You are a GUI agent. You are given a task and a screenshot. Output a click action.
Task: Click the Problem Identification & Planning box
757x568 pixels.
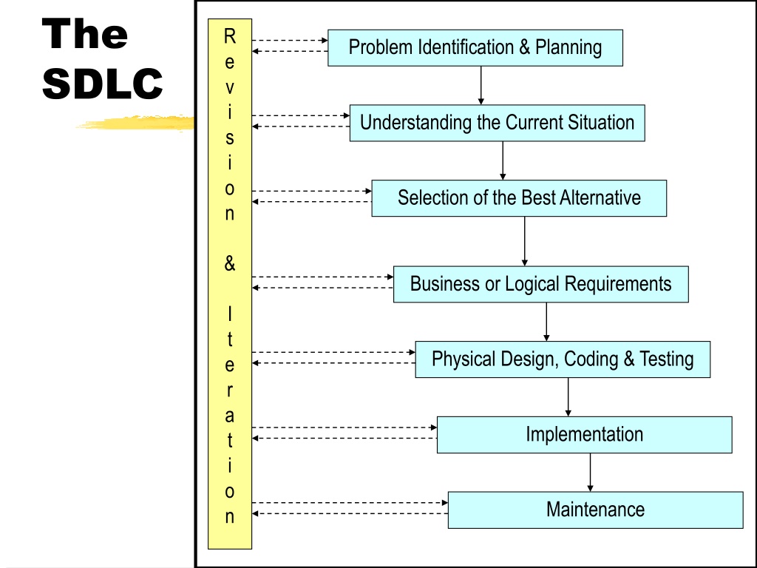475,48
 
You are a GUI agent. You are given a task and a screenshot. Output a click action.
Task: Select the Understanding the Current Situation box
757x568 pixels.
498,123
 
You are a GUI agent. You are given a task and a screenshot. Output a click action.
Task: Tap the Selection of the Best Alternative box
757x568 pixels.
519,198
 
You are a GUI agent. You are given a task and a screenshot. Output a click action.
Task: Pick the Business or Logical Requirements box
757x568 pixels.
540,284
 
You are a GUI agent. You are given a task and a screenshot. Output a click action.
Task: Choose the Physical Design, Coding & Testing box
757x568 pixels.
563,359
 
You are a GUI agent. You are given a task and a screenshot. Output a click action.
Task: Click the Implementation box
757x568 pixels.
584,435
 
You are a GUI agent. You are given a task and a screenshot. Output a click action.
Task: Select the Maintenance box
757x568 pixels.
595,510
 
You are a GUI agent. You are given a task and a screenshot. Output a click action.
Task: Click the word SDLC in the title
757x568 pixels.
102,84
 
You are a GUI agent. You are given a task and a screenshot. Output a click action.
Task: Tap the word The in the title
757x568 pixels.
85,33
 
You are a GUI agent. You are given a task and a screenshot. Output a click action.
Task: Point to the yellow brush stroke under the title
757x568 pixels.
135,123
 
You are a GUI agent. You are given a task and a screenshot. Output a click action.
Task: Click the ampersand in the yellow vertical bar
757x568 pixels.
230,264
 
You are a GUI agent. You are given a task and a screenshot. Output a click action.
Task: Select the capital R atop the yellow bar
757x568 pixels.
230,36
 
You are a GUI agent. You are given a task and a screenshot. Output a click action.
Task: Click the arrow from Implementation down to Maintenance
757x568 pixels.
590,473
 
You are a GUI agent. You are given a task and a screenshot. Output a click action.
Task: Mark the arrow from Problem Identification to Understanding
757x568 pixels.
481,85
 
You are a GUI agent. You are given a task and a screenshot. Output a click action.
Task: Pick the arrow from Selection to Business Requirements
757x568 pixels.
525,241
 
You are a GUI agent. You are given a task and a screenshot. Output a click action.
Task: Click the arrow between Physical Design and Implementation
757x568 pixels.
568,397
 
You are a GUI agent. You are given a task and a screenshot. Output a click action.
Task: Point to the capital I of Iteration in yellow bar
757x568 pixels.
230,314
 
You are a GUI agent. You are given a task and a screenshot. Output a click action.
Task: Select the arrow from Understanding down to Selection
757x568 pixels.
503,160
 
